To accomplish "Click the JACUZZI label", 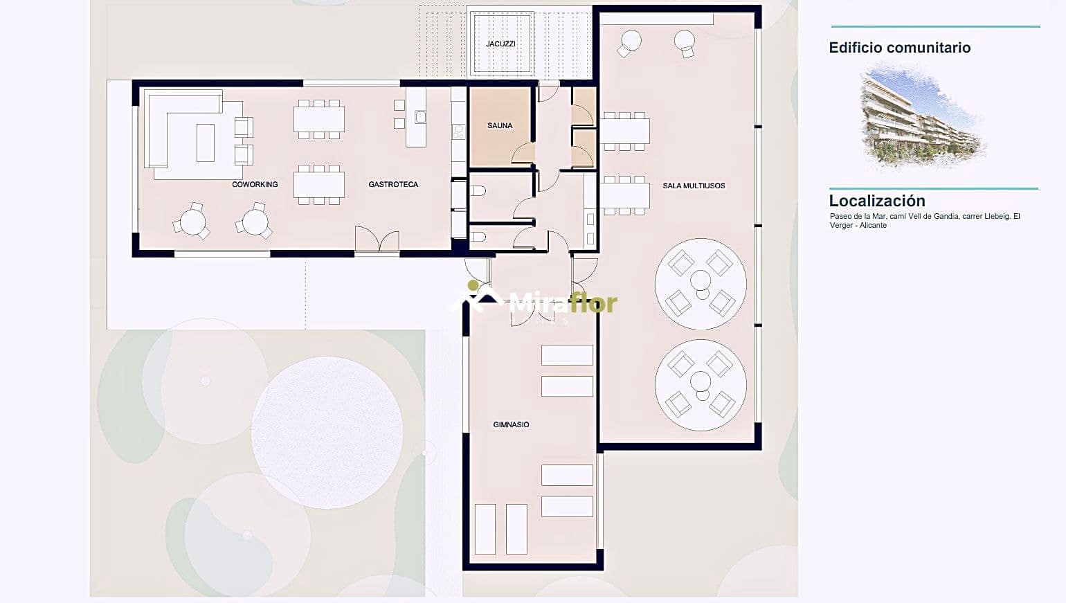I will tap(500, 44).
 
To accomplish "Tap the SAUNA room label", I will tap(500, 125).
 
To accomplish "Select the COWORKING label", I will tap(255, 184).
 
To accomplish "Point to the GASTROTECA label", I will tap(393, 184).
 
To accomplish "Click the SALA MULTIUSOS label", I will tap(694, 186).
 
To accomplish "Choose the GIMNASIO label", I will tap(511, 424).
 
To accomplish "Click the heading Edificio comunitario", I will tap(899, 48).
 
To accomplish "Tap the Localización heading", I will tap(877, 201).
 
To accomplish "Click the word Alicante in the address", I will tap(874, 226).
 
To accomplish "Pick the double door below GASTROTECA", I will tap(377, 240).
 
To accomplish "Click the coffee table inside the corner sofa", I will tap(205, 142).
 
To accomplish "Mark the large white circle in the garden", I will tap(327, 433).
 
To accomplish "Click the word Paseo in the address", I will tap(841, 217).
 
